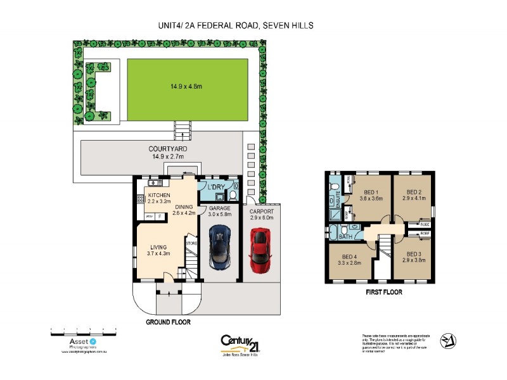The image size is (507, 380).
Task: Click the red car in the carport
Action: (x=260, y=247)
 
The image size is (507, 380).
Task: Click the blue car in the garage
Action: (x=219, y=245)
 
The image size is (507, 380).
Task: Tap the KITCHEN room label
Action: (x=158, y=194)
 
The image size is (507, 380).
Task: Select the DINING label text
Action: (x=184, y=207)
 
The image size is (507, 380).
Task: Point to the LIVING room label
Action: (x=160, y=247)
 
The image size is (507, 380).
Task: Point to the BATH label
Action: (x=345, y=237)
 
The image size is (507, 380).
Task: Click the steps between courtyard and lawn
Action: (x=182, y=130)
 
